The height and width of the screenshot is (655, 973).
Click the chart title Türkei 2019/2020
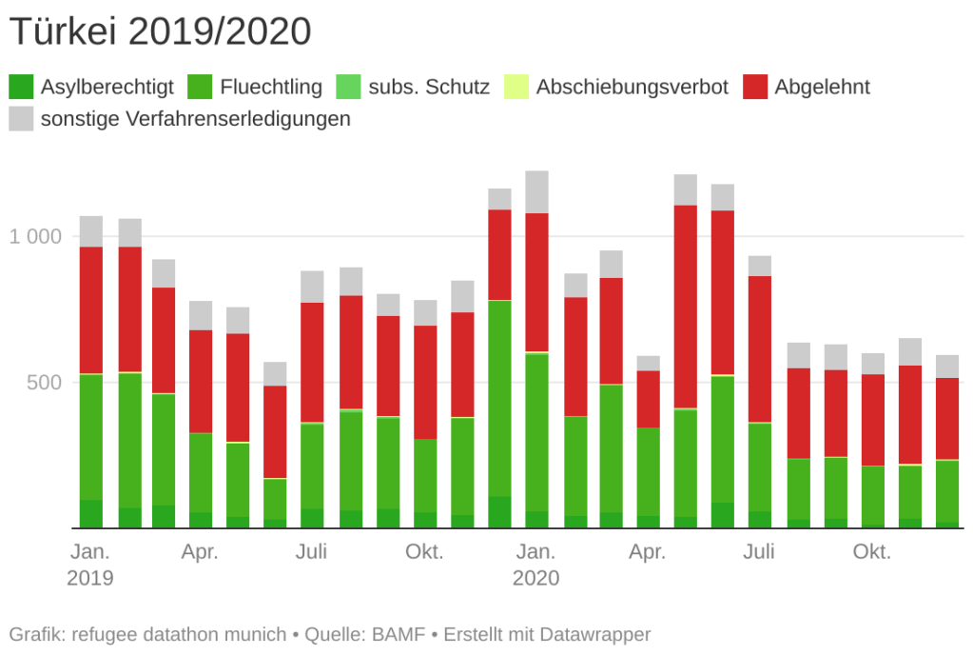160,32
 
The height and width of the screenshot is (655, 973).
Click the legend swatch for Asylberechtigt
22,88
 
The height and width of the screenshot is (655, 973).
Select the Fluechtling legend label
271,88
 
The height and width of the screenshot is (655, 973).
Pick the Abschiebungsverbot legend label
632,88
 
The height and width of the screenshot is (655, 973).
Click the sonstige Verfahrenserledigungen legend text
195,119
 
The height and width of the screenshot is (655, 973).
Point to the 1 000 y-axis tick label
35,236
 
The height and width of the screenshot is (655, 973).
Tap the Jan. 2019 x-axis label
90,565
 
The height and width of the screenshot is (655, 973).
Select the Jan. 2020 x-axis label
536,565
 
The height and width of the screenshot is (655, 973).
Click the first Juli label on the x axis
312,552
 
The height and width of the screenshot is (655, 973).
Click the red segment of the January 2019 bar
91,310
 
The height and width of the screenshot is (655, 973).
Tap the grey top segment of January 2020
536,191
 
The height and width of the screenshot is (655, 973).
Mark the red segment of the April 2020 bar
649,399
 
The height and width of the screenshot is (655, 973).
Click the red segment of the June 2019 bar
275,431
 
